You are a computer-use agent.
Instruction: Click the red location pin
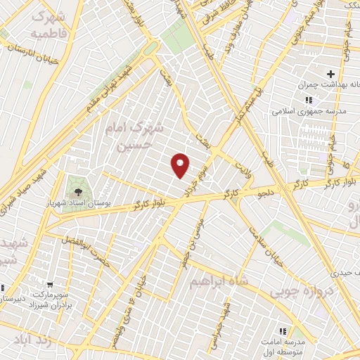click(x=181, y=165)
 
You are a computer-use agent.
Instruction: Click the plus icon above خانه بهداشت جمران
click(x=330, y=74)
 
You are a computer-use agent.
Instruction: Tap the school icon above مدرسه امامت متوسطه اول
click(x=283, y=330)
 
